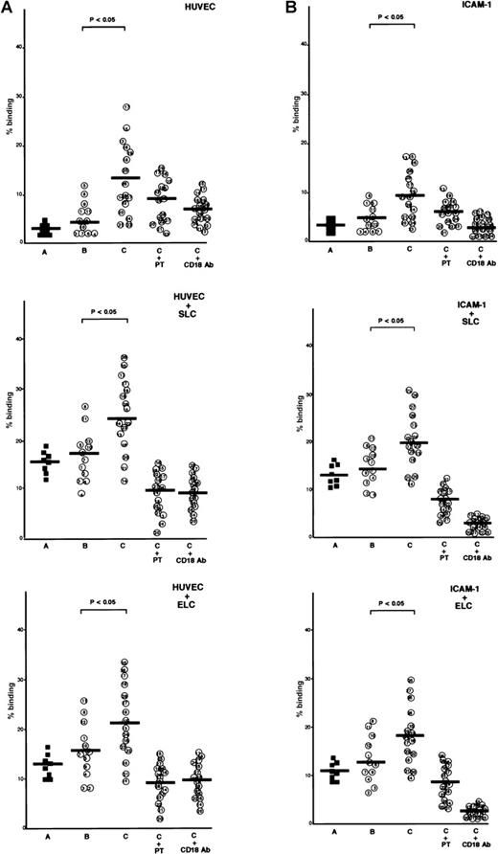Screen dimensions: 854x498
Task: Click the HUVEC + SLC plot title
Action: click(215, 298)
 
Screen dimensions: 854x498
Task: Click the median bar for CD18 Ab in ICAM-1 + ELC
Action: click(471, 810)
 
